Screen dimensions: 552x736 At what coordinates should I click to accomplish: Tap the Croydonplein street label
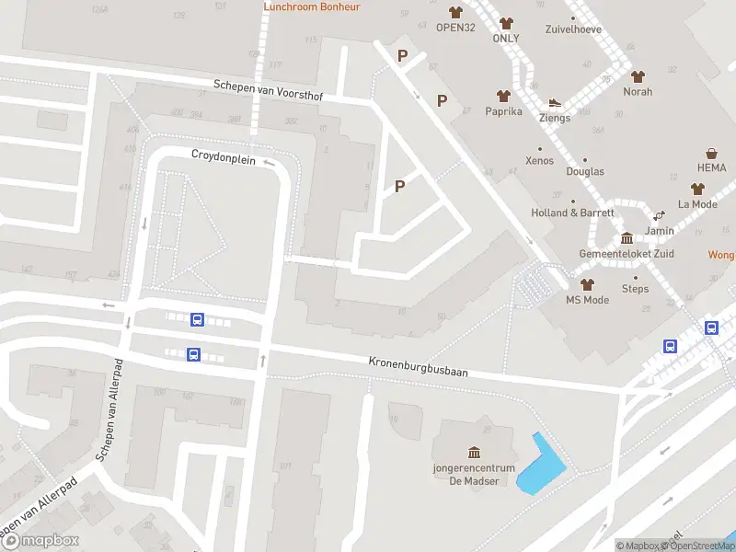pyautogui.click(x=223, y=155)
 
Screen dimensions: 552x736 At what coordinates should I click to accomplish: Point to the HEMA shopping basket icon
pyautogui.click(x=712, y=154)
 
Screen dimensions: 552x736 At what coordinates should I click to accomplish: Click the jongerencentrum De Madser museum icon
pyautogui.click(x=474, y=452)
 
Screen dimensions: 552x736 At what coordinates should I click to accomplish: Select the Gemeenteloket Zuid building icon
pyautogui.click(x=627, y=238)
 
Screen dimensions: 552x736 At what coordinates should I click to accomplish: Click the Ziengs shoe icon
pyautogui.click(x=555, y=103)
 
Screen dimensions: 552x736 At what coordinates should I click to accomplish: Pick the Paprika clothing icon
pyautogui.click(x=503, y=96)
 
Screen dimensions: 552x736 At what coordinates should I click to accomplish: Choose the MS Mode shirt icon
pyautogui.click(x=587, y=284)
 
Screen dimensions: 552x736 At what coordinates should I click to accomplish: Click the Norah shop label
pyautogui.click(x=638, y=92)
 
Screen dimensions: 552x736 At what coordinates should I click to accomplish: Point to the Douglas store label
pyautogui.click(x=585, y=172)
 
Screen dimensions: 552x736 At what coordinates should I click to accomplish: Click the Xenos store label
pyautogui.click(x=539, y=161)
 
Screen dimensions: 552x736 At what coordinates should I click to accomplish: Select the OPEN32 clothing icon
pyautogui.click(x=455, y=12)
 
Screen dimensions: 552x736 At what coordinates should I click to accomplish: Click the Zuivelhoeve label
pyautogui.click(x=572, y=29)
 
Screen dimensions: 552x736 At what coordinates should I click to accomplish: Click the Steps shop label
pyautogui.click(x=635, y=289)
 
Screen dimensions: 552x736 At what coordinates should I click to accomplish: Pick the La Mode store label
pyautogui.click(x=697, y=204)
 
